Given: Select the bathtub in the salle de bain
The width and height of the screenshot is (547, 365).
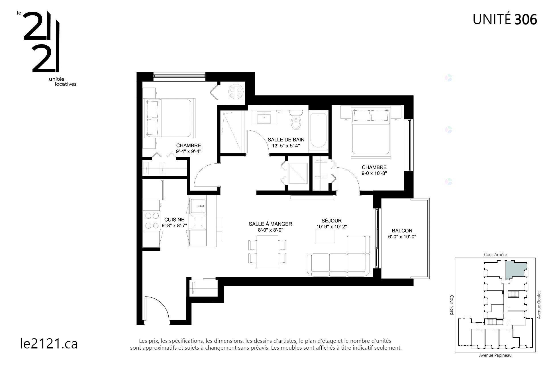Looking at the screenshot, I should tap(318, 130).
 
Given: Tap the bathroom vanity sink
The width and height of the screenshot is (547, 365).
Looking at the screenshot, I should tap(264, 118).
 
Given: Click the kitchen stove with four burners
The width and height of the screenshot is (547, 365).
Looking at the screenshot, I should tap(152, 221).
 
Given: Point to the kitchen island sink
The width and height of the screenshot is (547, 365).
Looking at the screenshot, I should tap(198, 206).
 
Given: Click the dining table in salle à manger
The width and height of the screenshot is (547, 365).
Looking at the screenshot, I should tap(267, 252).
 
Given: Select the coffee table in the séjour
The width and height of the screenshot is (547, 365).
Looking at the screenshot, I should tap(325, 236).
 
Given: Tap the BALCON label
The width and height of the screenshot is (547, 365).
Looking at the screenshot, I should tap(402, 231).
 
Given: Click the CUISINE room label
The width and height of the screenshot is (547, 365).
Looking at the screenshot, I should tap(174, 220).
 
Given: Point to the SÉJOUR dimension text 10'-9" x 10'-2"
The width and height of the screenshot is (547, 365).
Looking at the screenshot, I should tap(331, 227).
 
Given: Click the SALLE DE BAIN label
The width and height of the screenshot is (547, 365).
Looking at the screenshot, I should tap(286, 140).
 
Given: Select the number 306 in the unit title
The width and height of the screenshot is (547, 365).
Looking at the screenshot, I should tap(526, 20).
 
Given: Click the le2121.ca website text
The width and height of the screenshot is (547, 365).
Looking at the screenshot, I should tap(49, 343).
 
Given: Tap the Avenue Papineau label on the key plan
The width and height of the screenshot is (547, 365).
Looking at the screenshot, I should tap(495, 355).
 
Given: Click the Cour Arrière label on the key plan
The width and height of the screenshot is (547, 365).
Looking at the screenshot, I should tap(495, 255).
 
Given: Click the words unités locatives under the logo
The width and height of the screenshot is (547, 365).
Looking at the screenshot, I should tap(63, 82).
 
